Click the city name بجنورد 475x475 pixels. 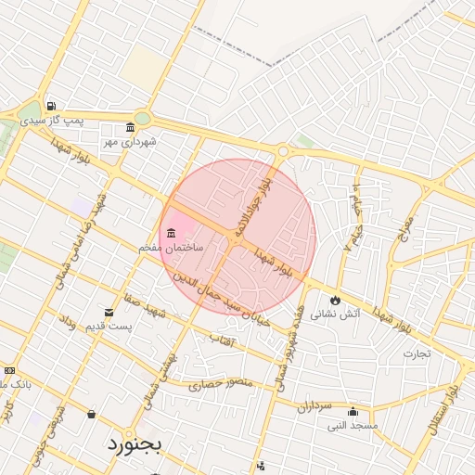point(134,443)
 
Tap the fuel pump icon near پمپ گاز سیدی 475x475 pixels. point(50,106)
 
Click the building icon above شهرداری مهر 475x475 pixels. point(130,128)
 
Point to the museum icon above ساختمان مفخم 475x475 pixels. point(171,233)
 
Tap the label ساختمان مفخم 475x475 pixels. point(163,249)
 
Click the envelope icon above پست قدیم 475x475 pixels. point(109,313)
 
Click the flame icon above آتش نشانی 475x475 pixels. point(335,301)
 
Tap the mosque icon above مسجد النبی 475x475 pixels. point(352,412)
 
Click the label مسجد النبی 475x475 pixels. point(352,426)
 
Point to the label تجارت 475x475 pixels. point(417,353)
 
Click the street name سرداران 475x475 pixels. point(315,405)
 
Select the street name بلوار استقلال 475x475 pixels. point(452,390)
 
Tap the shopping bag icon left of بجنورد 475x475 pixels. point(91,414)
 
